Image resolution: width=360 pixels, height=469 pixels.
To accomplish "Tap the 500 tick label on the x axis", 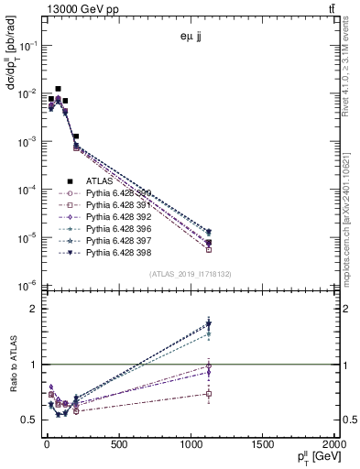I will coord(118,444).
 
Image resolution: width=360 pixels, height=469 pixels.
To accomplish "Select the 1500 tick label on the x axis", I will coord(261,444).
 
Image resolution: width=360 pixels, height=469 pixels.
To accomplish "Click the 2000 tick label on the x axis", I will coord(332,444).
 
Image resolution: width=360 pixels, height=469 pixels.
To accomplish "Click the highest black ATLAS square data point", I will coord(59,89).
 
